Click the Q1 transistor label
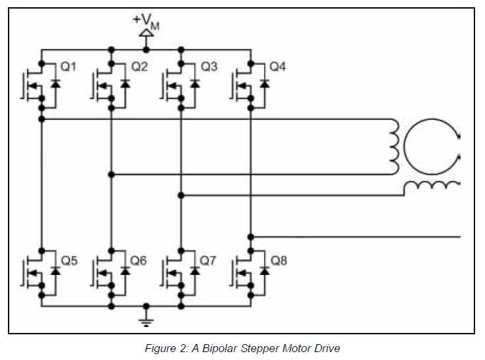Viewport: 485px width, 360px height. click(x=69, y=67)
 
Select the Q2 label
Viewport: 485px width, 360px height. click(x=139, y=67)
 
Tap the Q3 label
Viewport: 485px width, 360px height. click(x=209, y=67)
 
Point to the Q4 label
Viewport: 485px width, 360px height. click(x=278, y=67)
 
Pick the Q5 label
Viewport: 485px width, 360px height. click(x=69, y=260)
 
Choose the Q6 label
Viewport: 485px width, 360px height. click(x=139, y=260)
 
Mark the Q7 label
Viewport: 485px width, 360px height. click(x=209, y=260)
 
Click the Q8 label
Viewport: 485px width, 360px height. click(x=278, y=260)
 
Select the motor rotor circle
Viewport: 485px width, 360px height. click(x=430, y=146)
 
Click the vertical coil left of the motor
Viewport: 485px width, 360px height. click(x=394, y=146)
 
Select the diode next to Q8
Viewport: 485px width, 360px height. click(x=264, y=270)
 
